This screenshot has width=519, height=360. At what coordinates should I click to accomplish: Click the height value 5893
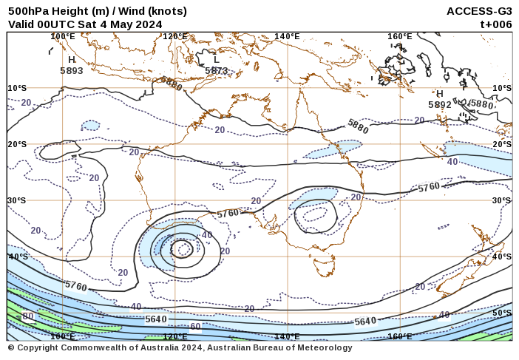[72, 71]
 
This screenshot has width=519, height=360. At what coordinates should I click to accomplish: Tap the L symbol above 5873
[216, 60]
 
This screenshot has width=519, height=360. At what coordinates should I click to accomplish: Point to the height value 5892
[439, 105]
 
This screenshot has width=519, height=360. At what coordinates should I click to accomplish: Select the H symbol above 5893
[72, 60]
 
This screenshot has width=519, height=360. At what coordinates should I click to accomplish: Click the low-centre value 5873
[217, 71]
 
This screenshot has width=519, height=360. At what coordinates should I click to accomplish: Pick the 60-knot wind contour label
[195, 326]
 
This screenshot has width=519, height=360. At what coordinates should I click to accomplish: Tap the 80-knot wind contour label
[27, 316]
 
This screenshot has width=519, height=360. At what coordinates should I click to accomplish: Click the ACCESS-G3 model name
[479, 11]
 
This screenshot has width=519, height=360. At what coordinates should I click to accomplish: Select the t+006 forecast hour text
[496, 24]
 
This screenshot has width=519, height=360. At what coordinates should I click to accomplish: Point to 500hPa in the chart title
[26, 11]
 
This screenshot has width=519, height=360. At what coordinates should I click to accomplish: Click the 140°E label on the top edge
[287, 36]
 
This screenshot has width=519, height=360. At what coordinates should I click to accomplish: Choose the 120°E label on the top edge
[175, 36]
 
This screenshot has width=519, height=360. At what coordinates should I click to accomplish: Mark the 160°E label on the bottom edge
[400, 336]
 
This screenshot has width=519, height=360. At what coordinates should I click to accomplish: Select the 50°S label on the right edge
[502, 313]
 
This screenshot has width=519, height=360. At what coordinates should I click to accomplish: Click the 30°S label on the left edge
[17, 200]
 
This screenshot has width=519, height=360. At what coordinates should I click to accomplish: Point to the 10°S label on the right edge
[502, 88]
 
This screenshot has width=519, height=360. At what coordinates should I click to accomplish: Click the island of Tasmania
[324, 265]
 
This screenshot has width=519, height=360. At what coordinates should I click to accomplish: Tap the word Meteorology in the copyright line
[322, 347]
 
